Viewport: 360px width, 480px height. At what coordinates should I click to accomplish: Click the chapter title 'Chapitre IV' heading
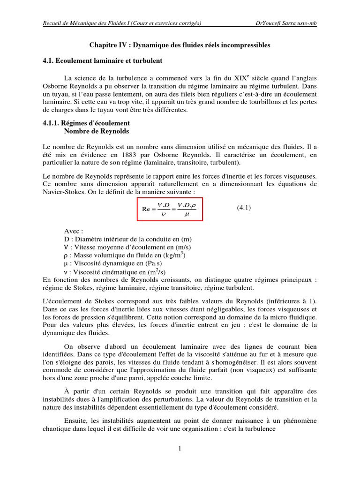point(180,45)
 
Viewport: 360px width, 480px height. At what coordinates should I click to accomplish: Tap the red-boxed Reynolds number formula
point(170,209)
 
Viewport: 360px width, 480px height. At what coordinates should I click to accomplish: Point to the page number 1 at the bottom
point(180,449)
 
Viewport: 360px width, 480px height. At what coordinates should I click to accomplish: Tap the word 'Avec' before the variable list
point(74,231)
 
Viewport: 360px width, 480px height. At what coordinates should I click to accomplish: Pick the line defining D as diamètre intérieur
point(126,239)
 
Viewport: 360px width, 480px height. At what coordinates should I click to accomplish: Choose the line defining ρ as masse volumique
point(125,255)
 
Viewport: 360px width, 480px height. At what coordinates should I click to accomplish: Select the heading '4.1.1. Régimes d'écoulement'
point(83,123)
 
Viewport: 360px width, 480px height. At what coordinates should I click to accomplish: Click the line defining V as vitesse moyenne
point(127,247)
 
